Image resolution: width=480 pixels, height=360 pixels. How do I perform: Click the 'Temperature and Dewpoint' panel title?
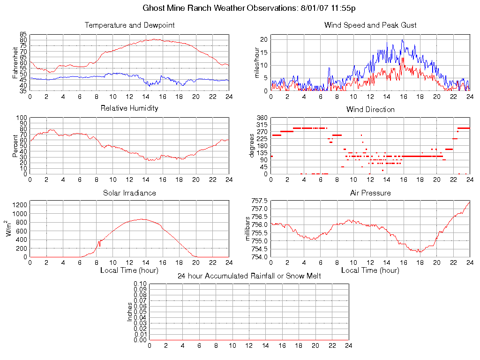coord(129,25)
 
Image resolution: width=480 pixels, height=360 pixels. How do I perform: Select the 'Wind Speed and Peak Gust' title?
coord(370,25)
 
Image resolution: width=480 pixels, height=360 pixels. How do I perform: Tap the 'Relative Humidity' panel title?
coord(129,108)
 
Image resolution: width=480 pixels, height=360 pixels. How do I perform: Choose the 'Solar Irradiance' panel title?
coord(129,193)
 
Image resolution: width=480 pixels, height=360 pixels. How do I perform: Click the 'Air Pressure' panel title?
coord(370,193)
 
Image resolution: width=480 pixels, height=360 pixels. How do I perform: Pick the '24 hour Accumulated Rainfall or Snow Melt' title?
coord(249,276)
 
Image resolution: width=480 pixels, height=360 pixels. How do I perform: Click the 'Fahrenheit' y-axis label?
coord(15,63)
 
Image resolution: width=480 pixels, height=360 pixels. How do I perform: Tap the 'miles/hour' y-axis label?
coord(256,63)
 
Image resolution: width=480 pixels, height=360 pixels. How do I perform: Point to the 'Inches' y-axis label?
coord(130,312)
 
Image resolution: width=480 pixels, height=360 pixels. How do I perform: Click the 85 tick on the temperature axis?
coord(23,35)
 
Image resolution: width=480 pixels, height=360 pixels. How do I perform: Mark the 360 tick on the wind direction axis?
coord(262,118)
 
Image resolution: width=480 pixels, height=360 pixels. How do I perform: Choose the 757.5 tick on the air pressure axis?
coord(259,201)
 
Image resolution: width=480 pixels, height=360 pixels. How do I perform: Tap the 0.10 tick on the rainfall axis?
coord(140,284)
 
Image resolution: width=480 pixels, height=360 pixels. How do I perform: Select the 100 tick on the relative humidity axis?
coord(22,118)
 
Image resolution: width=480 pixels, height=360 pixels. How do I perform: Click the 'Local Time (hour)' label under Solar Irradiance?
coord(129,270)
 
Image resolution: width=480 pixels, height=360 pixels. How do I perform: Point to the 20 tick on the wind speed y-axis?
coord(264,39)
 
